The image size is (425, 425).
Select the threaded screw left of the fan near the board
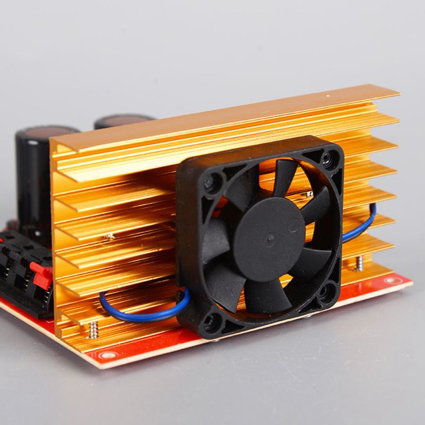pyautogui.click(x=93, y=331)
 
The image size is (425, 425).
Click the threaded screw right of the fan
pyautogui.click(x=359, y=262)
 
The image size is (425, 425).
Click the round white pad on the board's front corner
pyautogui.click(x=107, y=355)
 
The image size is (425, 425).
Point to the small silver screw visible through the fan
pyautogui.click(x=309, y=194)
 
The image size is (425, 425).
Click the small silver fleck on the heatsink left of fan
pyautogui.click(x=109, y=236)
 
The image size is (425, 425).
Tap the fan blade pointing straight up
pyautogui.click(x=284, y=177)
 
